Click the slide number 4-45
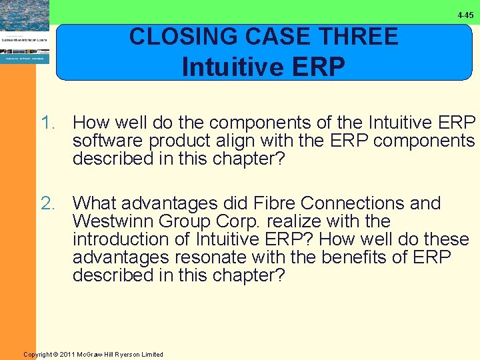(x=465, y=15)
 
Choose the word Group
(x=183, y=221)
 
